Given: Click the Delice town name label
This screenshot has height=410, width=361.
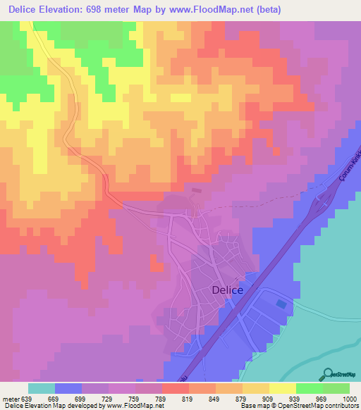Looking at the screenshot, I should click(227, 290).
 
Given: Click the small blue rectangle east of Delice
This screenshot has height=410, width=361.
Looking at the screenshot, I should click(282, 304).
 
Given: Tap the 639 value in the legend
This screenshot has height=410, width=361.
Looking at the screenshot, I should click(28, 399).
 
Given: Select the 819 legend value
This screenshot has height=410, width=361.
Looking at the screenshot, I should click(188, 399).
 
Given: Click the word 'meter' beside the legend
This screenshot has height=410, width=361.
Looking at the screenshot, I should click(10, 399).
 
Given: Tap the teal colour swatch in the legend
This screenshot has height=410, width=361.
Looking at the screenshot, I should click(42, 388).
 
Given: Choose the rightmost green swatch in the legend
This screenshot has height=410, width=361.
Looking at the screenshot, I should click(336, 388).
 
